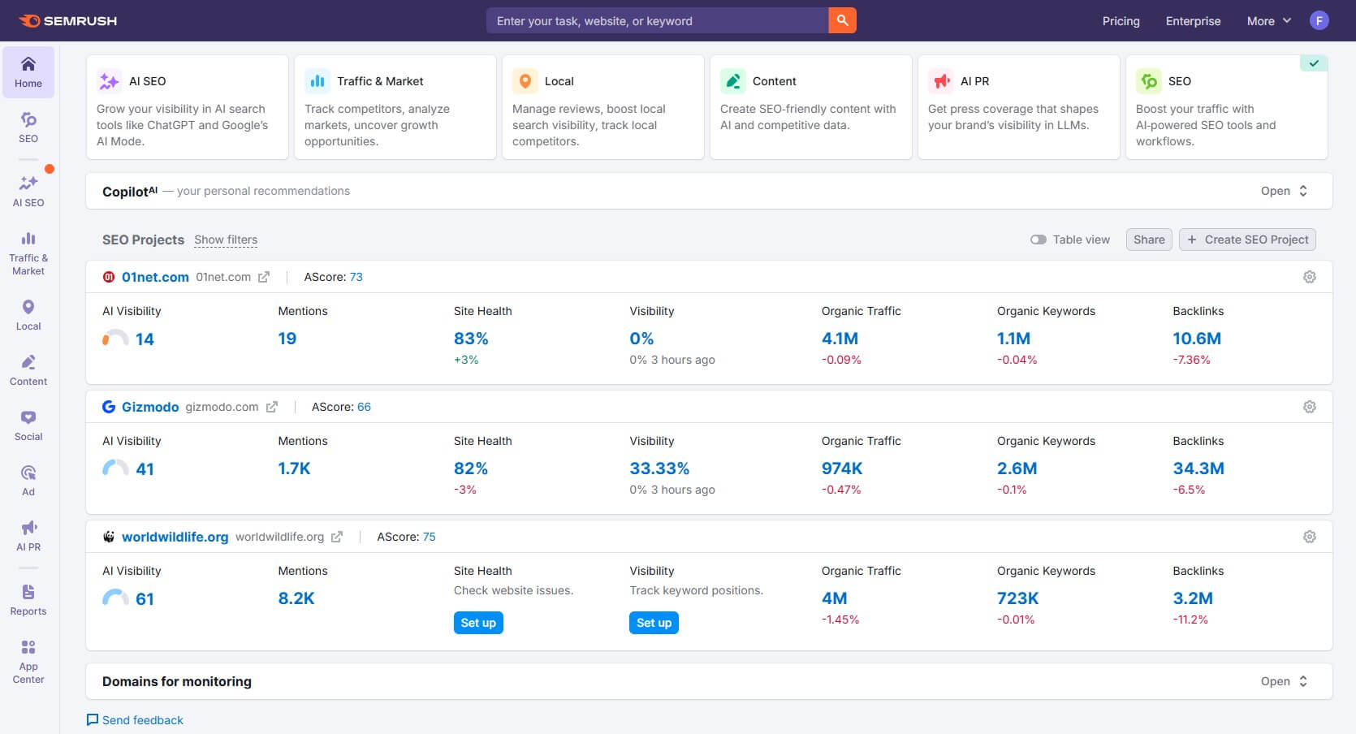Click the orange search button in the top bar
pyautogui.click(x=842, y=20)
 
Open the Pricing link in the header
pyautogui.click(x=1121, y=21)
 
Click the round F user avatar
pyautogui.click(x=1319, y=20)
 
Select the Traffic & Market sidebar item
pyautogui.click(x=28, y=252)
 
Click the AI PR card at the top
pyautogui.click(x=1018, y=106)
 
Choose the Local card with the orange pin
pyautogui.click(x=602, y=106)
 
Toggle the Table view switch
pyautogui.click(x=1039, y=240)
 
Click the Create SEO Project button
pyautogui.click(x=1247, y=240)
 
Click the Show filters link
pyautogui.click(x=226, y=240)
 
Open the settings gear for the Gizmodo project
pyautogui.click(x=1309, y=407)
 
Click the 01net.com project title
pyautogui.click(x=155, y=277)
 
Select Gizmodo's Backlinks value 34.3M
pyautogui.click(x=1198, y=468)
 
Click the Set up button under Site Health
pyautogui.click(x=478, y=623)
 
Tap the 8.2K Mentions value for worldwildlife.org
pyautogui.click(x=296, y=598)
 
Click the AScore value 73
pyautogui.click(x=356, y=277)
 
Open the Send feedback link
pyautogui.click(x=142, y=720)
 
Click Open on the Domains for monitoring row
pyautogui.click(x=1283, y=681)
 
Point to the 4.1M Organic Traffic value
pyautogui.click(x=840, y=339)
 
